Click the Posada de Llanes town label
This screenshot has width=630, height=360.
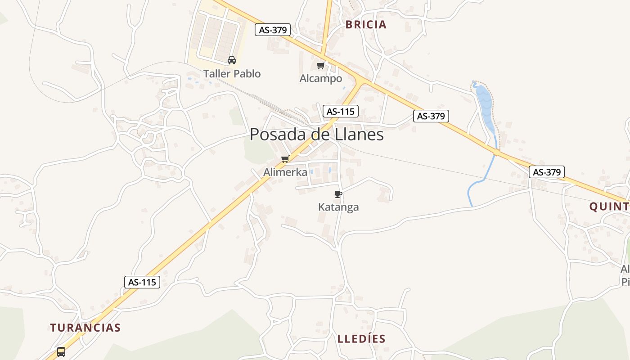tap(316, 135)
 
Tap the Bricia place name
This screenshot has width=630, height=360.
tap(366, 25)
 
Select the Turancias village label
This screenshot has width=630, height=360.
tap(85, 328)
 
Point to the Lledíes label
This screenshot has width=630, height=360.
tap(362, 339)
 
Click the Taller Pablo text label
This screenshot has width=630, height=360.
tap(232, 74)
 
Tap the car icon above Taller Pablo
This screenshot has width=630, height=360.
tap(232, 60)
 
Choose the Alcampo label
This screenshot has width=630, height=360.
tap(321, 79)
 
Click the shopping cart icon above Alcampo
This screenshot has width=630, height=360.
tap(321, 66)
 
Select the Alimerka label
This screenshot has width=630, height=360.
tap(285, 172)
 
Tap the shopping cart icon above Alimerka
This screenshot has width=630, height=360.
tap(285, 159)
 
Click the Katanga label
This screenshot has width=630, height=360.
tap(338, 207)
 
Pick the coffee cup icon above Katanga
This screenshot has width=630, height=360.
tap(338, 194)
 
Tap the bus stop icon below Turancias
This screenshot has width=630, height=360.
tap(61, 351)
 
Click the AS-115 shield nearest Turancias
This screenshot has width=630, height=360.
tap(142, 282)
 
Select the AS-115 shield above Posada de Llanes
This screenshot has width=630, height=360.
tap(340, 111)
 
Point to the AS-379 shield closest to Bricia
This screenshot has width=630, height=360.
tap(273, 30)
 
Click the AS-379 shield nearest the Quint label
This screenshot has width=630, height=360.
tap(546, 172)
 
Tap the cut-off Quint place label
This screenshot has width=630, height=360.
tap(610, 207)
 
